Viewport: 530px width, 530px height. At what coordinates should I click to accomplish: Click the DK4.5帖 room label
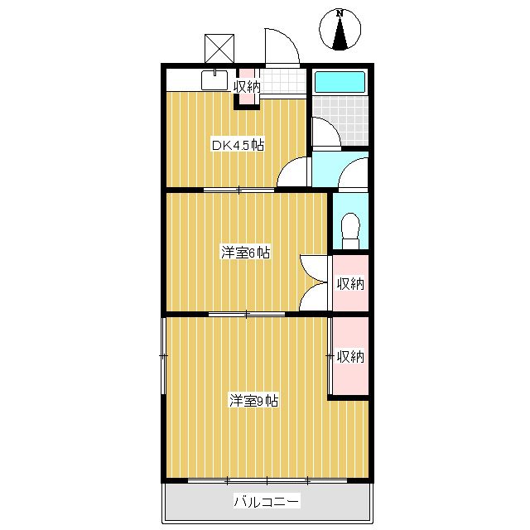coord(238,145)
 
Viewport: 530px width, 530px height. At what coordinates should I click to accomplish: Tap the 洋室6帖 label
coord(245,253)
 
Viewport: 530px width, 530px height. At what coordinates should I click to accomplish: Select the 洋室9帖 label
coord(253,401)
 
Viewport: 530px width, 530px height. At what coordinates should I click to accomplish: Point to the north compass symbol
coord(340,32)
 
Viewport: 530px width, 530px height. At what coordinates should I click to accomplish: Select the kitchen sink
coord(214,80)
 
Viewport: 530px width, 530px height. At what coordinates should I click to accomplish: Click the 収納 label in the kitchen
coord(247,85)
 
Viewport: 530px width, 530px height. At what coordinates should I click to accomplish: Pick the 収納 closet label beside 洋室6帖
coord(350,283)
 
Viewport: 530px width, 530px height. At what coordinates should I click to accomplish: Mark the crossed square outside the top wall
coord(219,46)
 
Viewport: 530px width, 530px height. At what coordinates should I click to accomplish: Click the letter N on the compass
coord(340,13)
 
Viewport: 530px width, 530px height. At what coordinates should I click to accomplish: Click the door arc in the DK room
coord(291,174)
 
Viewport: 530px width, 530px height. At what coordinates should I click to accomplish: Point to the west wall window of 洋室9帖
coord(163,356)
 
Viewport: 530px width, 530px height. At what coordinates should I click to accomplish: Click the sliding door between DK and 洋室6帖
coord(239,190)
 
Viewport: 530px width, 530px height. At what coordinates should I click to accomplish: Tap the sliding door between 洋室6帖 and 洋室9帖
coord(246,314)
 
